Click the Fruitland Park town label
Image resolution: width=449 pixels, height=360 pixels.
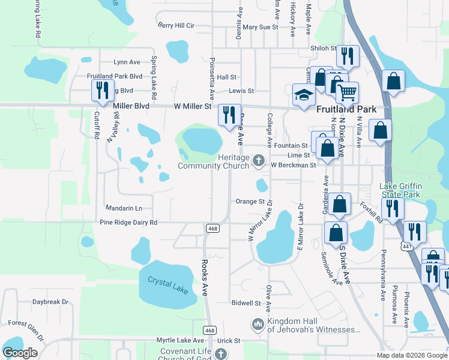point(346,109)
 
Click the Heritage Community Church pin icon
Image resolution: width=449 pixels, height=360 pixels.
point(259,160)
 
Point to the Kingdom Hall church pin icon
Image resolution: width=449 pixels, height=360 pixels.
point(258,325)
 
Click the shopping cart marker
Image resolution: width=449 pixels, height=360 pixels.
point(347,93)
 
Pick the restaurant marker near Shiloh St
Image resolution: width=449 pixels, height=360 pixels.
point(348,58)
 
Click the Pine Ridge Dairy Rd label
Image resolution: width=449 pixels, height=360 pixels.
point(128,223)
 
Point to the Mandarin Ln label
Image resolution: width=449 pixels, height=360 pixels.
point(124,208)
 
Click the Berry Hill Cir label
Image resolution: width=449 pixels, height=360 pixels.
point(176,26)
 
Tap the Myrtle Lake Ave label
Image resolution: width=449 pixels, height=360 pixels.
point(182,340)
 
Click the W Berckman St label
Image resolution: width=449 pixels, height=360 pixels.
point(293,165)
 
